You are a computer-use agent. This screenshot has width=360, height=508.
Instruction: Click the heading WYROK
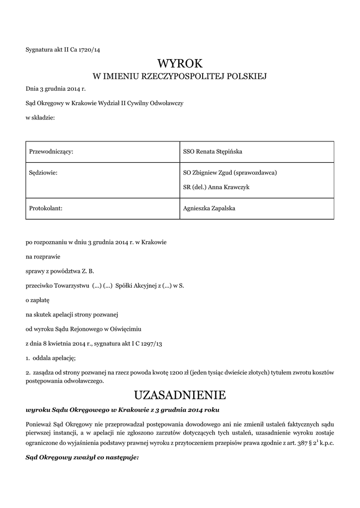tap(180, 63)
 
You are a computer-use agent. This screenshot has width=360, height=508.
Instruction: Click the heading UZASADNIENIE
tap(180, 395)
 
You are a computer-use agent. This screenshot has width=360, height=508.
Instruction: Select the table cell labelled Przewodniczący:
tap(52, 151)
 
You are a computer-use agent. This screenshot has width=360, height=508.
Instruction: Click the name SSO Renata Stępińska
tap(213, 151)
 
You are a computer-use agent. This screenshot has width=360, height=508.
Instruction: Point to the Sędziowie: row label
tap(44, 173)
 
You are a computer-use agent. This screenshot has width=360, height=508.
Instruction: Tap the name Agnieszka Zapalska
tap(210, 208)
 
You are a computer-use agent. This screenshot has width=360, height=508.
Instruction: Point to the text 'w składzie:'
tap(40, 118)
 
